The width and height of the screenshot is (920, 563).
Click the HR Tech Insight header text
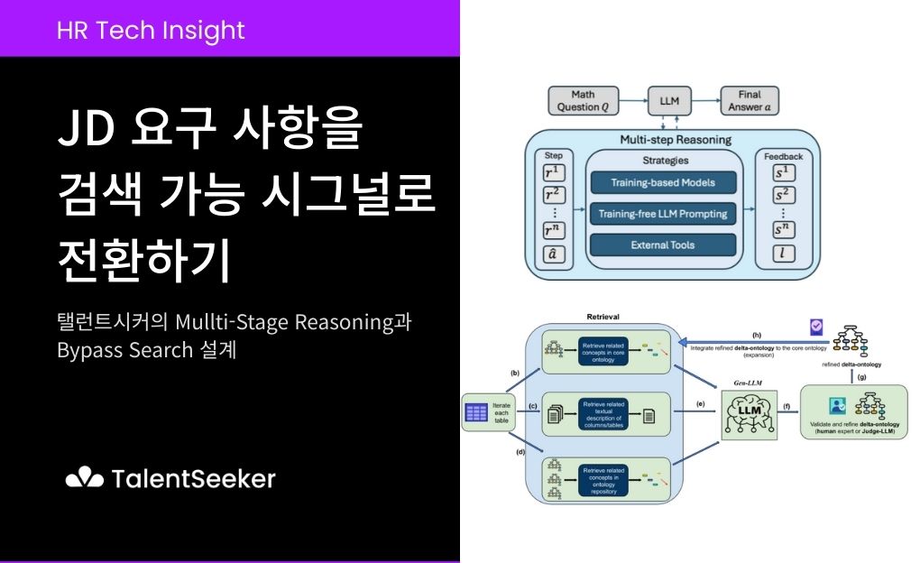pyautogui.click(x=151, y=30)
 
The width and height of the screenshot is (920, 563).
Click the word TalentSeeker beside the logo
pyautogui.click(x=194, y=478)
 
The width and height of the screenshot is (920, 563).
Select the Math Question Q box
pyautogui.click(x=584, y=100)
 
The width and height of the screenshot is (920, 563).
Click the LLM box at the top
pyautogui.click(x=668, y=100)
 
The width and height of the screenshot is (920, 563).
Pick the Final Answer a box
pyautogui.click(x=749, y=100)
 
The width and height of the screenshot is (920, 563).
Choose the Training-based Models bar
pyautogui.click(x=663, y=182)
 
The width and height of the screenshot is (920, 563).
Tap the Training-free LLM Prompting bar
pyautogui.click(x=663, y=214)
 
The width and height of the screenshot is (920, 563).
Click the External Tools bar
pyautogui.click(x=663, y=245)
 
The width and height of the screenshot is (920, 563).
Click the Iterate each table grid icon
pyautogui.click(x=476, y=415)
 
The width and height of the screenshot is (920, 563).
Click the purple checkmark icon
pyautogui.click(x=816, y=327)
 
